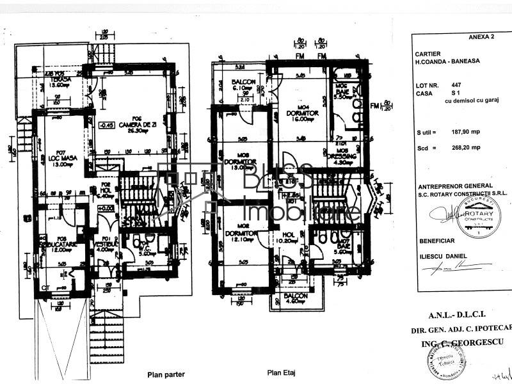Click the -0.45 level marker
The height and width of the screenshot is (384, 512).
(105, 125)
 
